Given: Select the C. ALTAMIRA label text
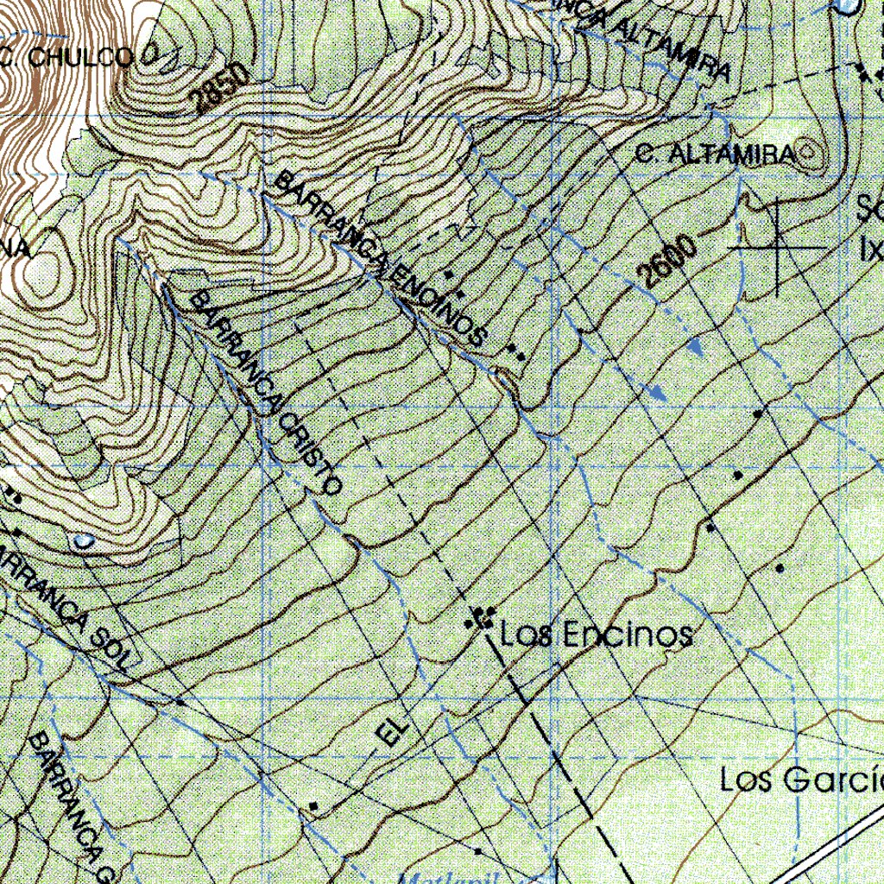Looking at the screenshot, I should coord(713,155).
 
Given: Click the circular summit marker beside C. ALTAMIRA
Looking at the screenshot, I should coord(810,155).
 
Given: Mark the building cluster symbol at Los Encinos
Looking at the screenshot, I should coord(480,618).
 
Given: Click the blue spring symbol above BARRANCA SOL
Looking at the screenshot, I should coord(83,541).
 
